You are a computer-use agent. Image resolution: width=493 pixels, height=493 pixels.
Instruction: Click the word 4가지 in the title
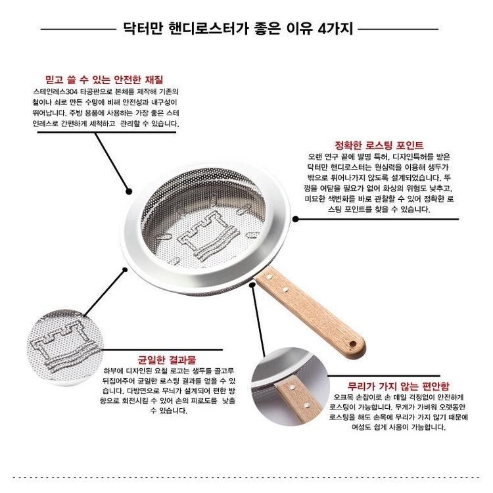[x=335, y=28]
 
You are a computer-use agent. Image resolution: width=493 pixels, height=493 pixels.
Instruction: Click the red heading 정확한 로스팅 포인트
[x=369, y=145]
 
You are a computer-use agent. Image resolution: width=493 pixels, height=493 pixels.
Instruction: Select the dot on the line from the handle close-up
[x=252, y=284]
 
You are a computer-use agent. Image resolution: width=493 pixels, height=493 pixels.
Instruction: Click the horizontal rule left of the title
[x=78, y=29]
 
